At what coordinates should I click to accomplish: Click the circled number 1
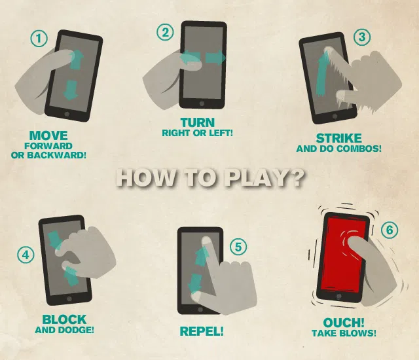coord(39,39)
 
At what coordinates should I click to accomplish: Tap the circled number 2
coord(165,33)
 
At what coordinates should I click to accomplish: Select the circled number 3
coord(362,37)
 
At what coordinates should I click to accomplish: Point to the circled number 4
coord(26,255)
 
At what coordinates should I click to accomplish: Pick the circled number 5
coord(238,246)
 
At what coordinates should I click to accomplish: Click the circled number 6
coord(390,230)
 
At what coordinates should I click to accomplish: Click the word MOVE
coord(48,135)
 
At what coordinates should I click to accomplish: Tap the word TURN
coord(198,122)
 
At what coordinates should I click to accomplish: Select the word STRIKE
coord(338,138)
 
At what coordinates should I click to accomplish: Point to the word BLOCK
coord(64,319)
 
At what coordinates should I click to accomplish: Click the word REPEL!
coord(202,331)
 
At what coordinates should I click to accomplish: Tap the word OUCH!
coord(343,323)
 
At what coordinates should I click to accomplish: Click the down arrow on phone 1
coord(71,90)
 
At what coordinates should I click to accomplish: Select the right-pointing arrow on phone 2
coord(215,58)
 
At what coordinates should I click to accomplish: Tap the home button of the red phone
coord(339,296)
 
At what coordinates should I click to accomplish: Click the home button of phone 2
coord(202,103)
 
